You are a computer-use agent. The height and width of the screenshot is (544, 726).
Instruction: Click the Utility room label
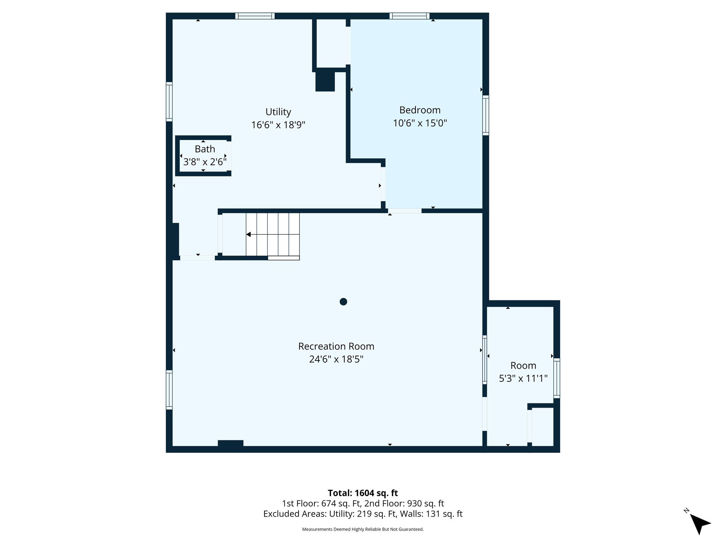pos(278,112)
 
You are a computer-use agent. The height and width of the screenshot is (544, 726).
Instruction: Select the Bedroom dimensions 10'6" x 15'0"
pos(420,123)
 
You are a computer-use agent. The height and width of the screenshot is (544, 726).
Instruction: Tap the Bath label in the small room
pos(205,149)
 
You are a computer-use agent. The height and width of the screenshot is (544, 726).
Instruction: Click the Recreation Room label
pos(336,346)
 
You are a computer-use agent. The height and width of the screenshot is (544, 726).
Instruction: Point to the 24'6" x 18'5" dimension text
pos(336,359)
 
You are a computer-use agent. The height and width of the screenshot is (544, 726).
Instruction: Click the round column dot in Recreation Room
pos(343,302)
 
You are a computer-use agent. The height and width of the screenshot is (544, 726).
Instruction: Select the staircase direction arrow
pos(249,234)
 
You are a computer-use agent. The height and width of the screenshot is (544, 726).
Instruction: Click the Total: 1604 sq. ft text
pos(363,493)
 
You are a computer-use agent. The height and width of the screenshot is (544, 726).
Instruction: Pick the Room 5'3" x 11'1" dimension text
pos(523,379)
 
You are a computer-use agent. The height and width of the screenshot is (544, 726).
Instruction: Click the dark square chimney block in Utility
pos(325,81)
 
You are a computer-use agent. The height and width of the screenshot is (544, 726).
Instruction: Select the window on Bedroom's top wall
pos(409,16)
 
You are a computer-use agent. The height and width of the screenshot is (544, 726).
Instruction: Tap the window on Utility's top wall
pos(255,16)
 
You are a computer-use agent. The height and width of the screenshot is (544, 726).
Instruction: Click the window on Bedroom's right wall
pos(486,115)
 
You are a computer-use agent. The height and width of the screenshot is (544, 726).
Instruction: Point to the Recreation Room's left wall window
pos(169,390)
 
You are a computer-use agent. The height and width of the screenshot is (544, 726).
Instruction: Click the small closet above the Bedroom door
pos(331,43)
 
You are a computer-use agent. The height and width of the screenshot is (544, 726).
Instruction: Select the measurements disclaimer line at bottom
pos(363,529)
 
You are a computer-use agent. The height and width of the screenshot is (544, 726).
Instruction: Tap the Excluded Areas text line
pos(363,514)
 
